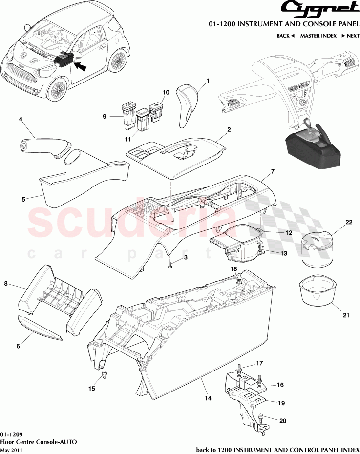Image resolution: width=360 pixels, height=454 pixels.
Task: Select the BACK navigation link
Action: click(285, 36)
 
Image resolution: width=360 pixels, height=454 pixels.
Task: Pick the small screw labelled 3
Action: click(169, 265)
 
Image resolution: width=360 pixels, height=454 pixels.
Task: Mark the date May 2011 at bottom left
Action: click(11, 450)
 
